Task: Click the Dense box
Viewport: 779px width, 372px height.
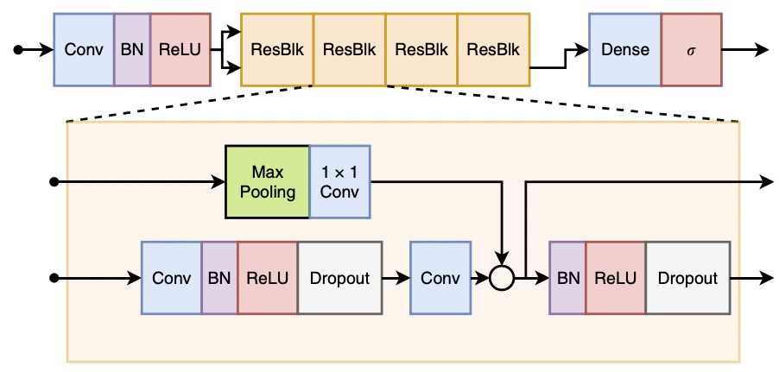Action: [624, 49]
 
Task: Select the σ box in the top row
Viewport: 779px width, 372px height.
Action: [691, 49]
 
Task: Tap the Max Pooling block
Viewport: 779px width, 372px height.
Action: [267, 182]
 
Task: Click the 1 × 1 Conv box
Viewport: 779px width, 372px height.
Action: [339, 182]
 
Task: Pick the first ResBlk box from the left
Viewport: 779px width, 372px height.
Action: [276, 49]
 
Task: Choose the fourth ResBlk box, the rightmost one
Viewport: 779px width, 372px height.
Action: [493, 49]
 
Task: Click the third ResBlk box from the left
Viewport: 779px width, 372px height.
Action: [421, 49]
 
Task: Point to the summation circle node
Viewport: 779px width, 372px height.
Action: [502, 278]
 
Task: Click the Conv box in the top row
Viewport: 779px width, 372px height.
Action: [84, 49]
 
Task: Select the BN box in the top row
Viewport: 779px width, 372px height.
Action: [132, 49]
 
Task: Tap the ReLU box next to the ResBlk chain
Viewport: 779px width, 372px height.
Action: [180, 49]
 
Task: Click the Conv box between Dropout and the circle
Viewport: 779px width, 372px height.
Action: [440, 278]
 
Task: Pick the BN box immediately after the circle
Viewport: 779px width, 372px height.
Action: [567, 278]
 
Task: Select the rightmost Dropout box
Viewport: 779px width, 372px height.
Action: [687, 278]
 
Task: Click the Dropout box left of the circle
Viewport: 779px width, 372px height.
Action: [339, 278]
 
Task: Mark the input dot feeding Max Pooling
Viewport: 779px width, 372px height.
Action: [54, 182]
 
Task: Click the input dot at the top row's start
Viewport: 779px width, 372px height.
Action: [18, 49]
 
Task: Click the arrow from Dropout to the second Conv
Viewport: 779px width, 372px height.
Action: [396, 278]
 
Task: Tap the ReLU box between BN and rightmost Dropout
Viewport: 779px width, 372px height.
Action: [615, 278]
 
